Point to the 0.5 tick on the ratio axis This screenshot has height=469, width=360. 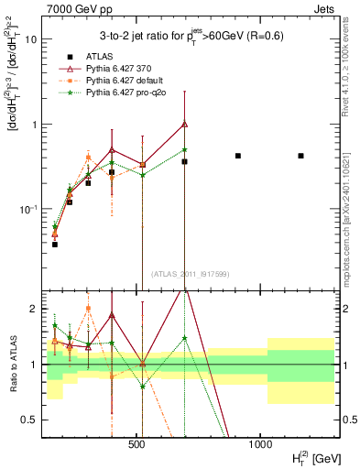(x=29, y=420)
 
